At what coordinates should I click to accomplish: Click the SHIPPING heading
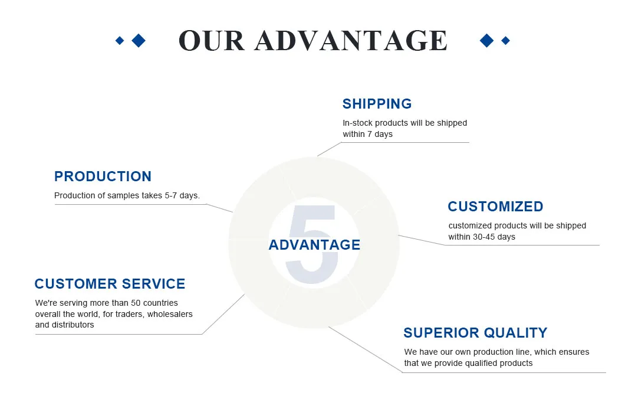[377, 104]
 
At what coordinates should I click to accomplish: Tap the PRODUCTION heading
[103, 176]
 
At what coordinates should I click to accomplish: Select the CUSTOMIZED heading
[495, 207]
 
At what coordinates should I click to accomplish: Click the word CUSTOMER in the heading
[75, 284]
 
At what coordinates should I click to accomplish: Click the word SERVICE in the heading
[153, 284]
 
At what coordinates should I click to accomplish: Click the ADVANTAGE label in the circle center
[314, 244]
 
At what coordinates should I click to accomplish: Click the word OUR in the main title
[211, 41]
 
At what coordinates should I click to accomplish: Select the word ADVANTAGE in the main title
[351, 41]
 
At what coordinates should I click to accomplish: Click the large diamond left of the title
[139, 40]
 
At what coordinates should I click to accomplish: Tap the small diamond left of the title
[120, 40]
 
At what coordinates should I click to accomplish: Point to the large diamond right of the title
[486, 40]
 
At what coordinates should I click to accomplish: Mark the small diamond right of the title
[505, 40]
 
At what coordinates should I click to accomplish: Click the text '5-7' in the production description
[170, 195]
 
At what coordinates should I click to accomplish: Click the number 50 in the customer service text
[136, 303]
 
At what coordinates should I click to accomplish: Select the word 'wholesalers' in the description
[170, 314]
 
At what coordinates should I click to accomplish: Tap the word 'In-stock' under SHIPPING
[357, 123]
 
